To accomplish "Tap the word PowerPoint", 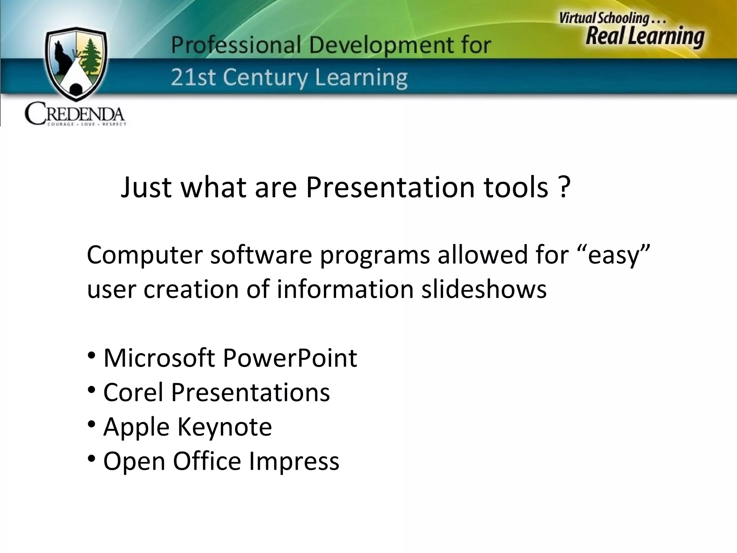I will click(x=290, y=358).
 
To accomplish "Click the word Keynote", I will click(x=225, y=427).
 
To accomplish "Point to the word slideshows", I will click(x=484, y=289).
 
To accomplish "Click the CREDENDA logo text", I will click(x=75, y=114).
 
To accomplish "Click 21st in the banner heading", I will click(x=193, y=77).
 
